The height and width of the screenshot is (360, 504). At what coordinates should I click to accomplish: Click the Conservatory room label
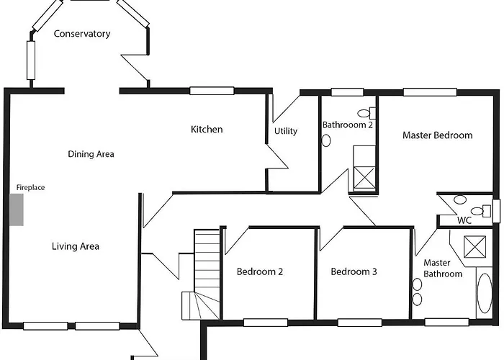(82, 34)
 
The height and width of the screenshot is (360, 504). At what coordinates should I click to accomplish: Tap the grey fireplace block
(17, 210)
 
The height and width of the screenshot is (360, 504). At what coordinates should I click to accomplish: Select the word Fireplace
(30, 188)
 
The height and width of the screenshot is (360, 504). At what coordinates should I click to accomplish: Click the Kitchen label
(207, 130)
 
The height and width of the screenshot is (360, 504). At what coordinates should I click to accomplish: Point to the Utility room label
(286, 131)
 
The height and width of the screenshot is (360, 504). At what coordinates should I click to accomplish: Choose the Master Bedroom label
(437, 135)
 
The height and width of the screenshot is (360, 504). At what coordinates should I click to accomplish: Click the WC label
(464, 221)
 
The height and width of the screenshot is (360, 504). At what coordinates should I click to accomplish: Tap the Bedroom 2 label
(260, 272)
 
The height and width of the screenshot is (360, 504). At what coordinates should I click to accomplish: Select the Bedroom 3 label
(354, 272)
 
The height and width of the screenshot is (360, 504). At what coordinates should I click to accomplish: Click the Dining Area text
(91, 154)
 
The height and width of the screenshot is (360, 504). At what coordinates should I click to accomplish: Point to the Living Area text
(76, 247)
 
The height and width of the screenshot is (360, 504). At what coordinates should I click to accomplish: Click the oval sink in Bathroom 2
(326, 140)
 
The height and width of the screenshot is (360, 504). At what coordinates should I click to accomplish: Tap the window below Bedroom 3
(359, 322)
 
